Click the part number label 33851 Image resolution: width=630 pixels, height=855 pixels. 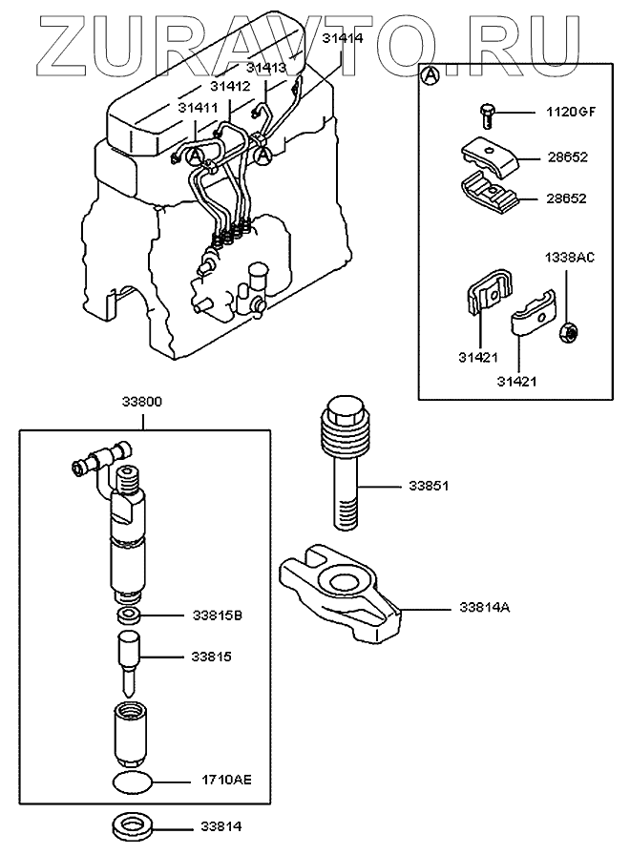tap(429, 486)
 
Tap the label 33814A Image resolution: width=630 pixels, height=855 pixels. tap(484, 606)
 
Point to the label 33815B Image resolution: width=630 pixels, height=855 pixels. tap(218, 615)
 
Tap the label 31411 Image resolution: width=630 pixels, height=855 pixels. tap(197, 109)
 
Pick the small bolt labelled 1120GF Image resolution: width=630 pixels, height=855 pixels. tap(484, 115)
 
